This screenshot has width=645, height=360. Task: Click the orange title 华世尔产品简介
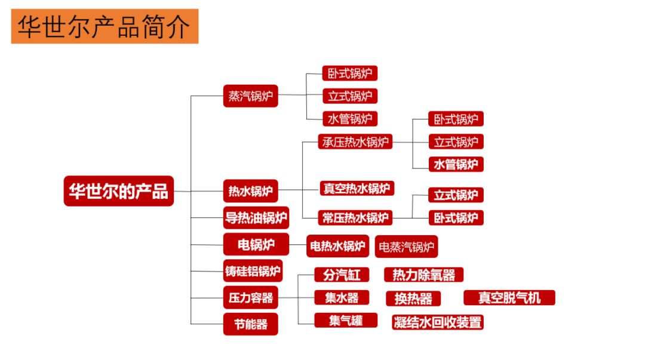click(x=105, y=26)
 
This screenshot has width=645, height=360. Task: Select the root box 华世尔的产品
click(x=119, y=191)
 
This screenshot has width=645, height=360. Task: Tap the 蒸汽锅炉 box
click(x=251, y=96)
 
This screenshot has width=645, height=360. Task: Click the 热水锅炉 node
click(x=251, y=192)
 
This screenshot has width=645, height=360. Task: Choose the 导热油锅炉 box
click(x=256, y=218)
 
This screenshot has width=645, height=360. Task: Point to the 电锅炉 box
click(x=256, y=244)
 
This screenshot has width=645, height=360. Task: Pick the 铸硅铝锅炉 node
click(x=253, y=271)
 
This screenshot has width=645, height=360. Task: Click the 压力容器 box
click(x=251, y=297)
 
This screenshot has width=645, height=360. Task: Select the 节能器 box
click(x=251, y=324)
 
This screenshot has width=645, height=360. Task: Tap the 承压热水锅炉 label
click(x=355, y=142)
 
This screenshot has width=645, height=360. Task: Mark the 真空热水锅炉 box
click(x=357, y=189)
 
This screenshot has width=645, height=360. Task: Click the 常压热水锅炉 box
click(x=355, y=217)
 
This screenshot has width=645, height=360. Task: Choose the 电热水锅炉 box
click(x=337, y=245)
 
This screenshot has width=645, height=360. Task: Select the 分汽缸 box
click(x=342, y=275)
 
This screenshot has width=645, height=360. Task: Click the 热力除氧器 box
click(x=424, y=275)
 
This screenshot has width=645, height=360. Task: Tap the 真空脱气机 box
click(x=509, y=297)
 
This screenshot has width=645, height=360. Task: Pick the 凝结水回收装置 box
click(x=438, y=322)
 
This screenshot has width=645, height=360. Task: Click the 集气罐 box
click(x=346, y=320)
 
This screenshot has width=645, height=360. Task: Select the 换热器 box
click(x=413, y=299)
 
